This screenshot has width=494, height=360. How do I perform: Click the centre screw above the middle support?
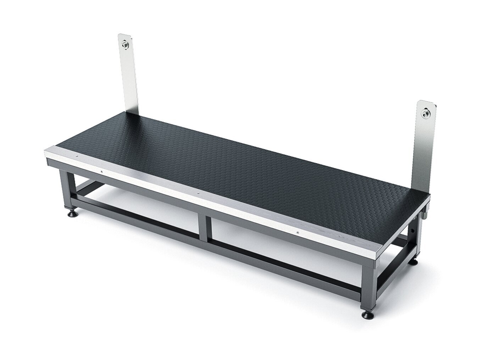coord(198,194)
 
